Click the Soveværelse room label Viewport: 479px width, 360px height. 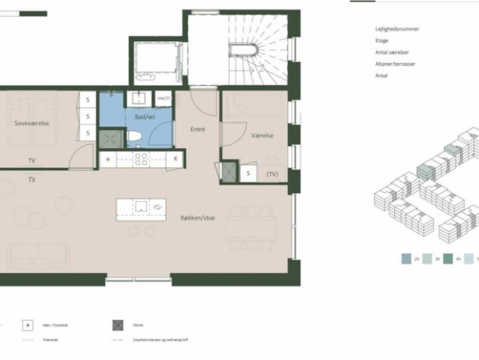point(31,123)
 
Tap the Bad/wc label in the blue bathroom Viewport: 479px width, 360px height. point(144,117)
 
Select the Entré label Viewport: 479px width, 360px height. point(198,129)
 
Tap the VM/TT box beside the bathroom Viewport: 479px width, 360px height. point(163,98)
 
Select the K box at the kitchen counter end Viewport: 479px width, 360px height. point(176,159)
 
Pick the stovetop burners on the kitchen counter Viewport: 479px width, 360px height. point(140,159)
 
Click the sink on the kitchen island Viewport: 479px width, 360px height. point(140,206)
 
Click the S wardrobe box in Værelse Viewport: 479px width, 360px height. point(249,174)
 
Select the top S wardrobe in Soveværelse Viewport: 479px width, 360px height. point(87,99)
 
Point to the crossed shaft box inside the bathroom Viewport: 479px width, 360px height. point(111,138)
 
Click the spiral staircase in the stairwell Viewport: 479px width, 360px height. point(243,52)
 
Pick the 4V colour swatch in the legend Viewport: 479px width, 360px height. point(449,257)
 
